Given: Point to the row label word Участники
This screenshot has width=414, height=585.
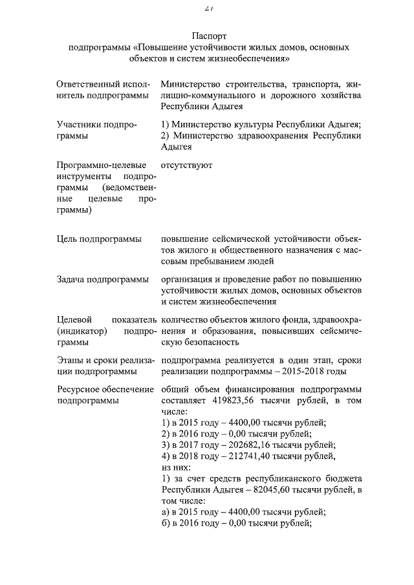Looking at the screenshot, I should pos(79,125).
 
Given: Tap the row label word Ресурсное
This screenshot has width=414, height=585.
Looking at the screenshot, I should pos(78,389).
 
